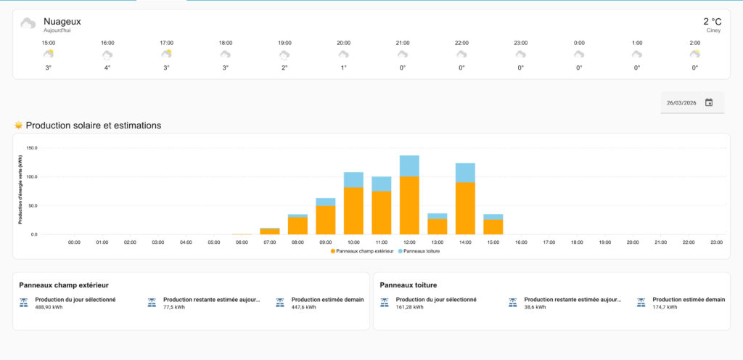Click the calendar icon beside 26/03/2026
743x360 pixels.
pos(709,102)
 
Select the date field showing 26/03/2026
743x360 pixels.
pos(681,103)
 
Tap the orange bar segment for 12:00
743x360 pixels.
pos(409,205)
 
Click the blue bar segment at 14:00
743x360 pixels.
pos(465,173)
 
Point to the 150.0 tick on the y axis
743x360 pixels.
pos(31,147)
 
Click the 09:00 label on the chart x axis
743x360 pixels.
pos(326,242)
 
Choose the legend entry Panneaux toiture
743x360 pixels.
pos(422,251)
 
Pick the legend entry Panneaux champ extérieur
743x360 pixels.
pos(364,251)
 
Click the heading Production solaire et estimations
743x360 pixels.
pos(93,126)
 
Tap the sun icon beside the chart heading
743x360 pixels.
pos(19,126)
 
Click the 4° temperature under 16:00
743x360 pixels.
pos(107,67)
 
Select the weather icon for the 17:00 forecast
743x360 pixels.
pos(166,54)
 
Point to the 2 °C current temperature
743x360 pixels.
pos(712,22)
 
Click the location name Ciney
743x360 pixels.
pos(714,30)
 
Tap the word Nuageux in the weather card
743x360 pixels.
pos(62,22)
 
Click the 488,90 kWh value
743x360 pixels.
pos(48,307)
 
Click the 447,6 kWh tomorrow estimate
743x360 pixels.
pos(303,307)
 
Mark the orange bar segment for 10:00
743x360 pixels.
pos(353,210)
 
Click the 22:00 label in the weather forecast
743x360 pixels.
pos(461,43)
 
